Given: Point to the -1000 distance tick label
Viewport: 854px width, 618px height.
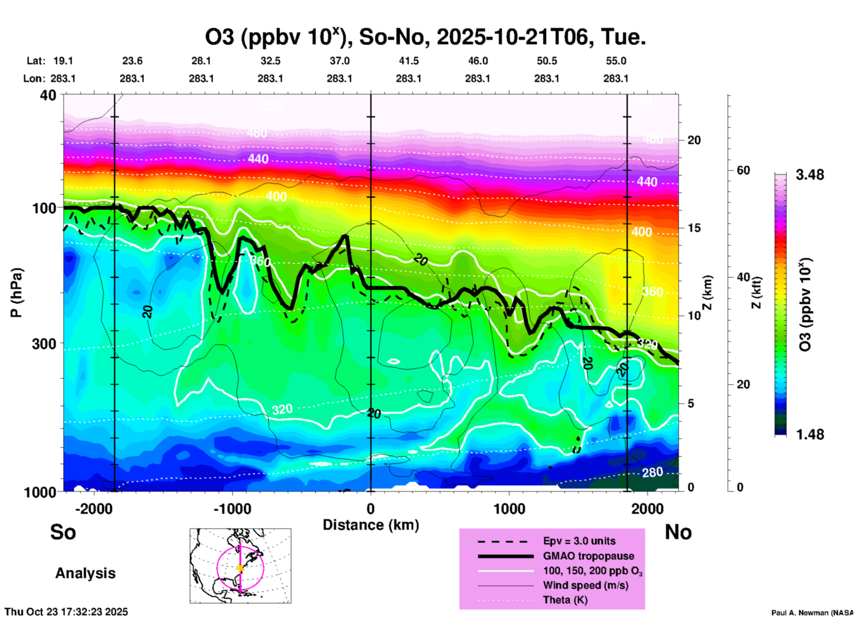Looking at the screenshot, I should tap(232, 509).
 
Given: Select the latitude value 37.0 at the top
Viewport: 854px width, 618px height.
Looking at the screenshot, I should tap(340, 61).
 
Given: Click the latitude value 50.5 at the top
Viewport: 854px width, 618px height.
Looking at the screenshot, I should tap(547, 61).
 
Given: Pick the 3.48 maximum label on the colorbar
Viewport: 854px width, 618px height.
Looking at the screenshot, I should tap(810, 175).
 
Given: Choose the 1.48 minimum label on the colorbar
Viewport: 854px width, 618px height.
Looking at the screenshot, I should tap(810, 434).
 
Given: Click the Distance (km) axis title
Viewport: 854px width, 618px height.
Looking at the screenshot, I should tap(371, 525).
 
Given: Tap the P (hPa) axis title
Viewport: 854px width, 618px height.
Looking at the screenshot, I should tap(16, 293).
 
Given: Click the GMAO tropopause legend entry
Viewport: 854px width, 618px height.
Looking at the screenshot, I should tap(588, 556).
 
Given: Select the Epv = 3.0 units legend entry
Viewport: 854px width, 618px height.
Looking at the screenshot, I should tap(579, 541).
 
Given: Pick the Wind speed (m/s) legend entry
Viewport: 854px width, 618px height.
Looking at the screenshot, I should tap(585, 586).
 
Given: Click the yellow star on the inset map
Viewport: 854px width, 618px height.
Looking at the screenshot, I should tap(240, 568).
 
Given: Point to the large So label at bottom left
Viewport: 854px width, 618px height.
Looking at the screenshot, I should tap(63, 532).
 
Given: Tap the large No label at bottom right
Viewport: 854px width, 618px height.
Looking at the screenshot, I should tap(678, 532).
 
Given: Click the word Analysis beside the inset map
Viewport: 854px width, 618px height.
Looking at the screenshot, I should tap(85, 573).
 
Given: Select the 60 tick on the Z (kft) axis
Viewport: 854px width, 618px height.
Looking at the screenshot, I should tap(743, 170).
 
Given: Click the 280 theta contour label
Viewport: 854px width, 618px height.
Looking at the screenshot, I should tap(652, 473).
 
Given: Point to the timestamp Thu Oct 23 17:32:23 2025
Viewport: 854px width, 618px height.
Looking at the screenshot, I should tap(66, 612).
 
